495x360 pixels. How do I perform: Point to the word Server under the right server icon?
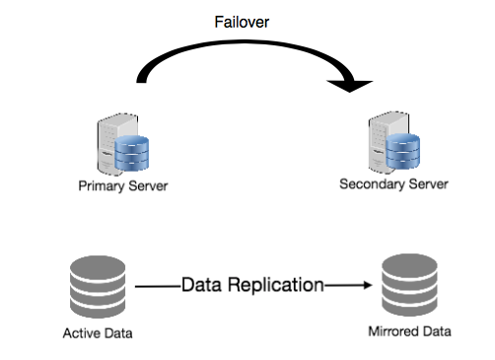point(428,184)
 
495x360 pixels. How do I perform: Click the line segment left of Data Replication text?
point(156,285)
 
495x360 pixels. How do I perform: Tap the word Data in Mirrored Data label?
point(436,331)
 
